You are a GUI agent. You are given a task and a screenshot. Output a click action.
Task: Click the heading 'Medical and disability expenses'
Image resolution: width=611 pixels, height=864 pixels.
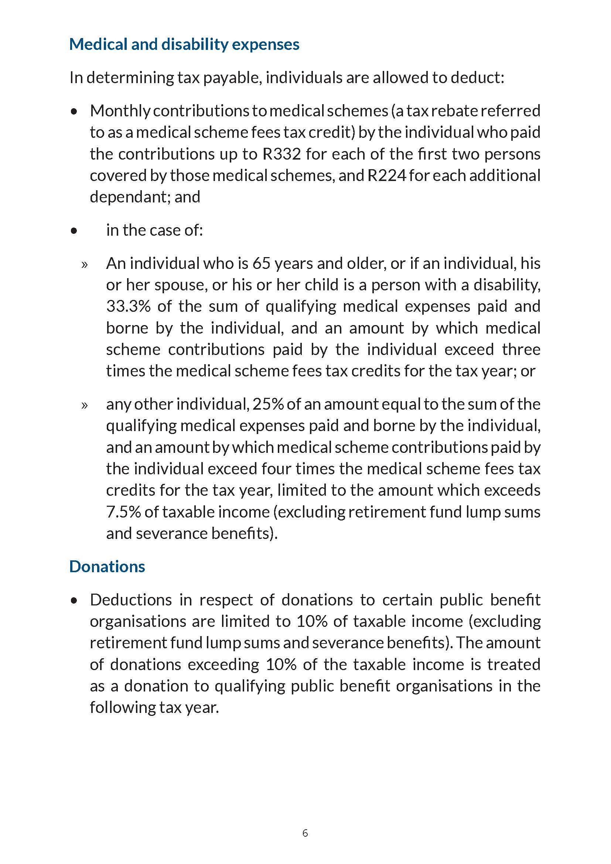click(184, 44)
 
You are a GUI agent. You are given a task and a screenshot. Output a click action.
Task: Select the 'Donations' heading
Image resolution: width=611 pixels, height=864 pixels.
click(107, 566)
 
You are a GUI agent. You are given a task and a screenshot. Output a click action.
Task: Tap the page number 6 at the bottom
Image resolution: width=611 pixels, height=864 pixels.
click(305, 833)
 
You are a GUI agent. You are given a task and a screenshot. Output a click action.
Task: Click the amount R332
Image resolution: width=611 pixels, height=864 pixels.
click(282, 154)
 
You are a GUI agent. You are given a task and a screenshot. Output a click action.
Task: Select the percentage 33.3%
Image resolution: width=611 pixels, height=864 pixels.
click(128, 306)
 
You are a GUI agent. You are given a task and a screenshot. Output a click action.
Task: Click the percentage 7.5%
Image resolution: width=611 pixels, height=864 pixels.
click(123, 512)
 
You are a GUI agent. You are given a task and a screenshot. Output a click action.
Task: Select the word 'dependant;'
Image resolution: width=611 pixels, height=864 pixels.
click(129, 197)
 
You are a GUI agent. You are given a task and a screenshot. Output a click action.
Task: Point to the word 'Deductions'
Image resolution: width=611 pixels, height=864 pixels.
click(131, 600)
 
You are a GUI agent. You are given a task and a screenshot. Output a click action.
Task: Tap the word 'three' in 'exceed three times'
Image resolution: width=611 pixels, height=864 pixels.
click(521, 349)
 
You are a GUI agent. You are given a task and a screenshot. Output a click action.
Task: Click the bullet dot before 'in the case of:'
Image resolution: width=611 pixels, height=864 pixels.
click(74, 230)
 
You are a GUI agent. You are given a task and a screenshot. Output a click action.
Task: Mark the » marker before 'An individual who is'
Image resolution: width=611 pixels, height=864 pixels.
click(84, 264)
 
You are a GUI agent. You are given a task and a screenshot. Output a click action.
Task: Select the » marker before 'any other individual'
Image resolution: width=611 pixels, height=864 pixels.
click(84, 405)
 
